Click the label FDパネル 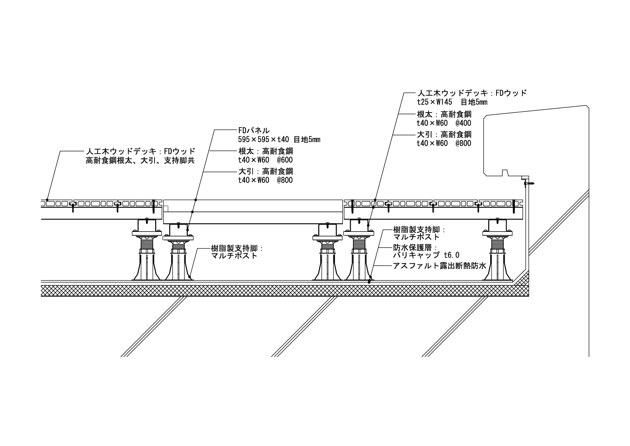254,130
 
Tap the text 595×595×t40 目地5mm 279,140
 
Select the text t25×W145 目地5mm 452,102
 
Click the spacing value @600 284,160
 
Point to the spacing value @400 463,123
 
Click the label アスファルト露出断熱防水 439,266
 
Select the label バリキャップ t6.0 426,255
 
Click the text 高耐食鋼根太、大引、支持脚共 140,161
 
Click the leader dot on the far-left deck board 47,200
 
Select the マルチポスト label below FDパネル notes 235,256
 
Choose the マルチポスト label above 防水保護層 416,237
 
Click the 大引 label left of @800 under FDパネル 244,171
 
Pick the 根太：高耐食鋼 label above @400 444,114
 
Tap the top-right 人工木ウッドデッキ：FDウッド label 472,93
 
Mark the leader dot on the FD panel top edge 196,200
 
